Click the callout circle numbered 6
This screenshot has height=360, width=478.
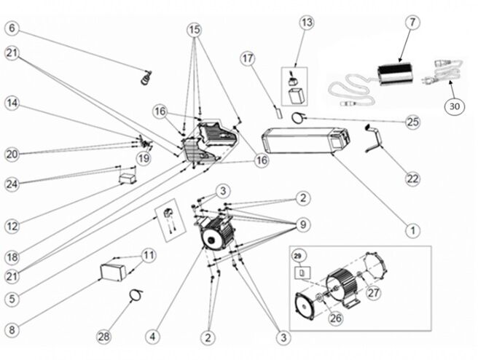[12, 28]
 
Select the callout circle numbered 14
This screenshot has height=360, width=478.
[12, 103]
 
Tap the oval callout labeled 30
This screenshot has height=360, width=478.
[455, 106]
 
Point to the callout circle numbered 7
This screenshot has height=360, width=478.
[412, 23]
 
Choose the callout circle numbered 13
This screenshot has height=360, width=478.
[307, 23]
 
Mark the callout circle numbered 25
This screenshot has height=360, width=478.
[413, 122]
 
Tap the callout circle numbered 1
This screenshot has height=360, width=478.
[413, 230]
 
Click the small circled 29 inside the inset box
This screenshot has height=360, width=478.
[298, 257]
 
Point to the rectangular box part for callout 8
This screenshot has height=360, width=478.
[112, 272]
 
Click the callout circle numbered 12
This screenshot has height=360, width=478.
[12, 227]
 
